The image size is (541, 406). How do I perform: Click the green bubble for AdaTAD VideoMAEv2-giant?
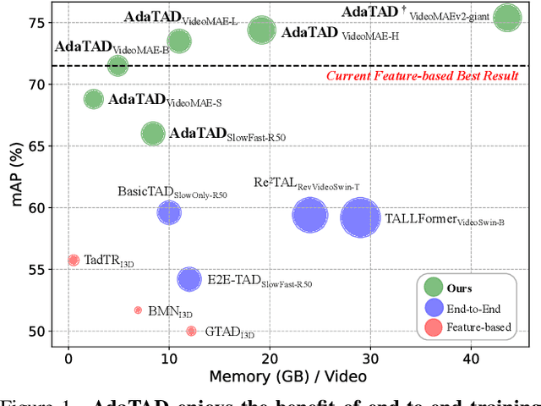pos(507,17)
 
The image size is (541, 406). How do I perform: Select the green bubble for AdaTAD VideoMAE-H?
pos(262,30)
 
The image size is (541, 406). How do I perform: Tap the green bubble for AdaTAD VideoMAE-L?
pos(178,41)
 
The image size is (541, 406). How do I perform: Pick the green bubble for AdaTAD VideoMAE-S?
pos(93,99)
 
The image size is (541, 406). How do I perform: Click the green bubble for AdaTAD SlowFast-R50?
pos(153,134)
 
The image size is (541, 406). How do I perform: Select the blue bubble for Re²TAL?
pos(309,215)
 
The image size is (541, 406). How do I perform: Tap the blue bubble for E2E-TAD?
pos(189,279)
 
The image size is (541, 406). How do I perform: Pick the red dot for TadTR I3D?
pos(74,261)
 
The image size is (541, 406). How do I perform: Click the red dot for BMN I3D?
pos(138,310)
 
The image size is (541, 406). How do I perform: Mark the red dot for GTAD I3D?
pos(191,331)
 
